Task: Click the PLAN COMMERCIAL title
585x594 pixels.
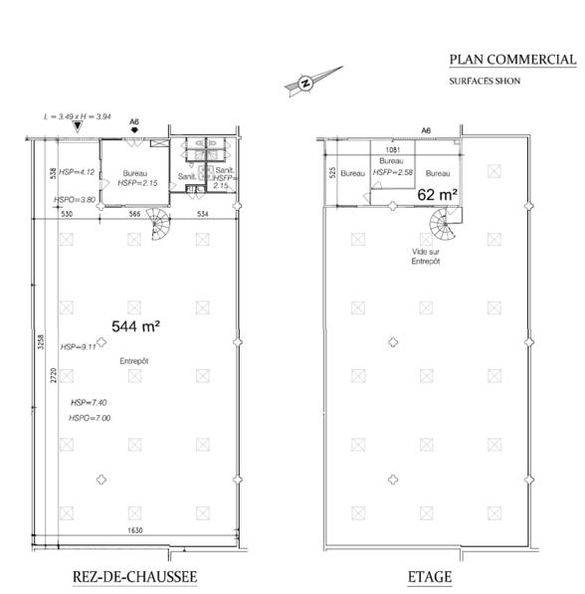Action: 512,60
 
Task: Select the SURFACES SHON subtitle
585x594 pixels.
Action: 485,81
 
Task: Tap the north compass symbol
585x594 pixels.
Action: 313,81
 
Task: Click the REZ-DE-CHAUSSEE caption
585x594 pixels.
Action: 134,577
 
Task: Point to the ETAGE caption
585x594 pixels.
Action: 430,577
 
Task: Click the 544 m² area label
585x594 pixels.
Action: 135,326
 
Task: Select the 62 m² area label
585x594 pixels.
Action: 437,195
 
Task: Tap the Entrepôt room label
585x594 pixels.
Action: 134,361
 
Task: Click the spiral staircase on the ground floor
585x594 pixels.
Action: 160,224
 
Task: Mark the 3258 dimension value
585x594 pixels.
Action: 41,341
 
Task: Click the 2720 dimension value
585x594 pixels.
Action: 54,375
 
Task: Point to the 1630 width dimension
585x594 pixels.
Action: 135,530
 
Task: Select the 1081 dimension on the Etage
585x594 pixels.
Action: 393,150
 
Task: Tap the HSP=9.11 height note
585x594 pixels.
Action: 79,347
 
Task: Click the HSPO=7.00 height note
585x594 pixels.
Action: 90,418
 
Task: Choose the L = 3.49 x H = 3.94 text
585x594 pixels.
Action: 78,116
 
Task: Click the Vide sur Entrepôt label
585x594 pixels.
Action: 426,257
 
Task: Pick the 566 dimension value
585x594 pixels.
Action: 134,214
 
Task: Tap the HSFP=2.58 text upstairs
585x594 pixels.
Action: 393,172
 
